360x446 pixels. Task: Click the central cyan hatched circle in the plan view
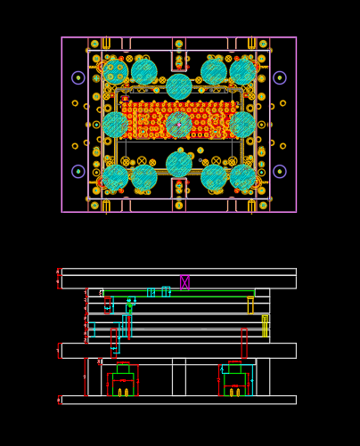pos(179,125)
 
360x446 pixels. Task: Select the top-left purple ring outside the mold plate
pos(78,77)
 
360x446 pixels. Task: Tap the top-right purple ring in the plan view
pos(280,77)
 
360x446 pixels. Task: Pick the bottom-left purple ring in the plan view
pos(78,171)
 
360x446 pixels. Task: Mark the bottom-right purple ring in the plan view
pos(280,171)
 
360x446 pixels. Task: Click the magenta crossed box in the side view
pos(184,282)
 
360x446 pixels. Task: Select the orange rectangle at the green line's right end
pos(250,305)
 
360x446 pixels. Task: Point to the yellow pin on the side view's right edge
pos(265,326)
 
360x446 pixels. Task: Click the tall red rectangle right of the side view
pos(244,343)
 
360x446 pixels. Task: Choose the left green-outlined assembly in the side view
pos(123,380)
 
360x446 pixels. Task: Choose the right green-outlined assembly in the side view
pos(235,380)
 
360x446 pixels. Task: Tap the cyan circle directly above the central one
pos(179,86)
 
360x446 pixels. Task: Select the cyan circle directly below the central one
pos(179,164)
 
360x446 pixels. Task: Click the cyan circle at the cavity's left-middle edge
pos(115,125)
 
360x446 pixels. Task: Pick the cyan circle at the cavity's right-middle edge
pos(242,125)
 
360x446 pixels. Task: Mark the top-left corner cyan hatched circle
pos(115,71)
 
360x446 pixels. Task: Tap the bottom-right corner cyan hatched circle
pos(242,177)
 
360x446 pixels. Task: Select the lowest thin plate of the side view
pos(178,400)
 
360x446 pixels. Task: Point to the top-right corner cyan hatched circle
pos(242,71)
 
